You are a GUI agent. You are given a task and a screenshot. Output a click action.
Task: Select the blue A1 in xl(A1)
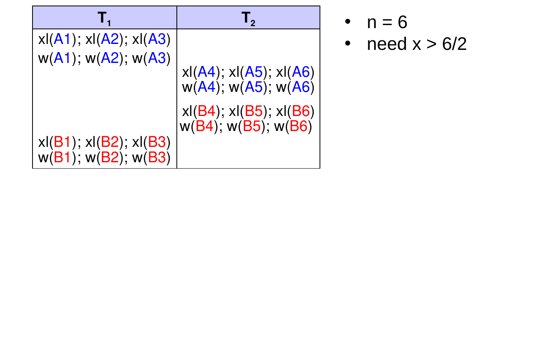pyautogui.click(x=62, y=39)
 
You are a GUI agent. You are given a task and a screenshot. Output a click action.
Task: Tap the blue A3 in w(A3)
pyautogui.click(x=157, y=58)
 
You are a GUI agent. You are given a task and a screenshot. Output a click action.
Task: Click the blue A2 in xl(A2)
pyautogui.click(x=109, y=39)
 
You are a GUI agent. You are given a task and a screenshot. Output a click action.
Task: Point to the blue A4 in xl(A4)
pyautogui.click(x=206, y=72)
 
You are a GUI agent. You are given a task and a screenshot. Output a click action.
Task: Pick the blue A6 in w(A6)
pyautogui.click(x=301, y=87)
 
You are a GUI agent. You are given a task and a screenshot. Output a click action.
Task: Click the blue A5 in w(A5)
pyautogui.click(x=254, y=87)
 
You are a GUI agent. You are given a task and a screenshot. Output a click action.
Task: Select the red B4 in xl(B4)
pyautogui.click(x=207, y=111)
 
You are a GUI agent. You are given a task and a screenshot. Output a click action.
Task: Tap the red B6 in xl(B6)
pyautogui.click(x=301, y=111)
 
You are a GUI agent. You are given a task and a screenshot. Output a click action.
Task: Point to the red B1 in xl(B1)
pyautogui.click(x=62, y=142)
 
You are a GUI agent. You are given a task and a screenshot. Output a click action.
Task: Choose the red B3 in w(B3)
pyautogui.click(x=157, y=158)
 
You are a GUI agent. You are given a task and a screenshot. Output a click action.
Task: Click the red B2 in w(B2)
pyautogui.click(x=110, y=158)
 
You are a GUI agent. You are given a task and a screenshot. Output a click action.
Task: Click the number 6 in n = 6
pyautogui.click(x=402, y=22)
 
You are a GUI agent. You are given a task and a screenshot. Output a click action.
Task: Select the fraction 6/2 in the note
pyautogui.click(x=454, y=44)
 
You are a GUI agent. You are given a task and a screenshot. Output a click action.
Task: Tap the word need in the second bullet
pyautogui.click(x=387, y=44)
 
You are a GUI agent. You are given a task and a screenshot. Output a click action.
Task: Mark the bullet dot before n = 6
pyautogui.click(x=348, y=22)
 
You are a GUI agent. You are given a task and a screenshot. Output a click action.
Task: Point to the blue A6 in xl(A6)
pyautogui.click(x=301, y=72)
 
